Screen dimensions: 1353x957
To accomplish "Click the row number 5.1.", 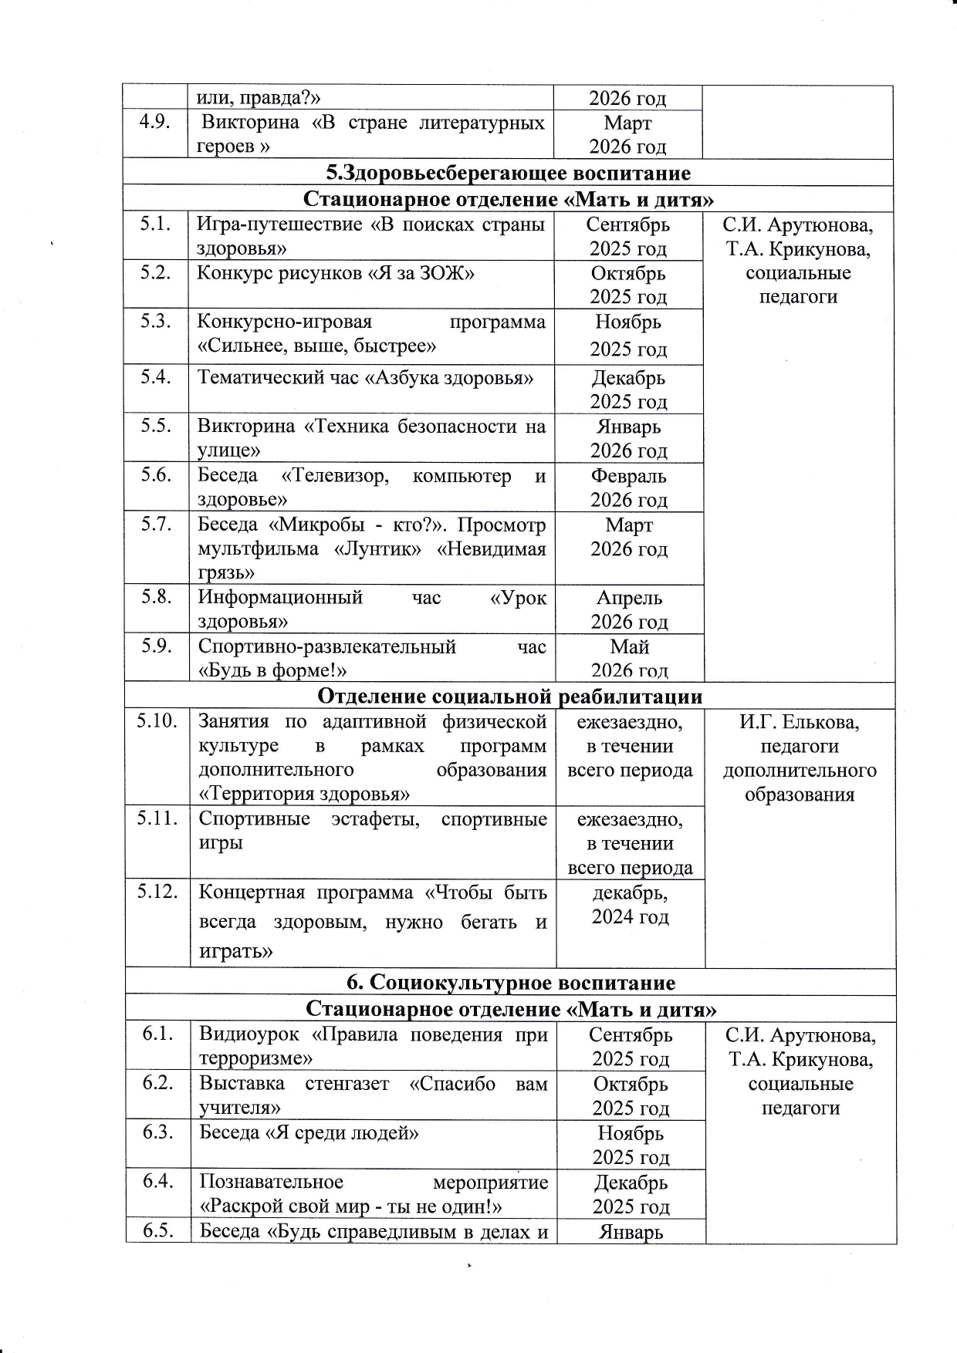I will point(155,224).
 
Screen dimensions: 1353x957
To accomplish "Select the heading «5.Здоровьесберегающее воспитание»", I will point(509,172).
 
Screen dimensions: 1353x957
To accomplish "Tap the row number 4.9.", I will point(154,123).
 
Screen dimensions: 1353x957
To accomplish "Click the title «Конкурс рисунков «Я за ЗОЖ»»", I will point(335,273).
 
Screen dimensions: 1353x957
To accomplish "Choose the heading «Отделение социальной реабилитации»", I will point(510,697).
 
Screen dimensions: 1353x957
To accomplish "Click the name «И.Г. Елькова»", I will point(799,722).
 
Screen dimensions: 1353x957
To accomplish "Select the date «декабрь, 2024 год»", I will point(630,905).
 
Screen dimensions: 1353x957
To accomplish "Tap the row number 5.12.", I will point(157,892).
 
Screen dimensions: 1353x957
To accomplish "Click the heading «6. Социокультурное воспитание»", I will point(510,982).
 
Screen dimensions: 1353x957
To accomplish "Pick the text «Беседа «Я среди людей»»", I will point(309,1132).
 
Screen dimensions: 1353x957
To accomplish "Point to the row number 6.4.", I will point(157,1181).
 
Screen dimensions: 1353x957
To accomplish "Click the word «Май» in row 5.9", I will point(629,646).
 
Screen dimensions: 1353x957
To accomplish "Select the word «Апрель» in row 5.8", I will point(629,598).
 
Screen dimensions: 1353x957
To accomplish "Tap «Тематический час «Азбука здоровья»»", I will point(366,378).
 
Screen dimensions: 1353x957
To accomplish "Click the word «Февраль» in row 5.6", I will point(629,476).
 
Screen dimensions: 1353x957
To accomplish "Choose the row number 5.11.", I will point(157,818).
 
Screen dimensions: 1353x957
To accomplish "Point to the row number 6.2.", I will point(157,1083).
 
